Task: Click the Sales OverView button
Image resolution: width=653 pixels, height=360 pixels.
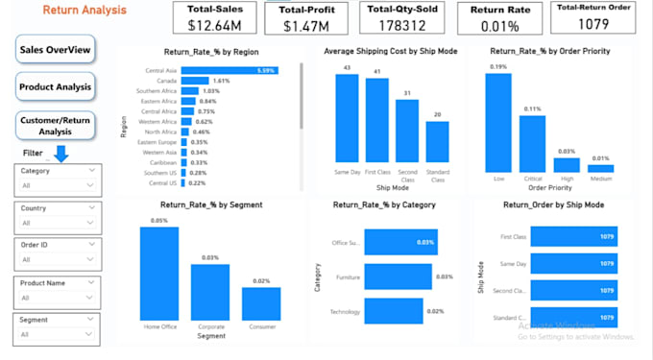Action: (x=55, y=50)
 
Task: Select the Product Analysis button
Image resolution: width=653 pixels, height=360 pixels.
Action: (x=55, y=87)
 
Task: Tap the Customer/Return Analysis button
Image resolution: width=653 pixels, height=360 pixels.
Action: (x=56, y=126)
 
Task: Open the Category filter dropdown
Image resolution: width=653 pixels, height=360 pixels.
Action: (x=58, y=184)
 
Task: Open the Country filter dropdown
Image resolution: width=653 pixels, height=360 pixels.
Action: (x=58, y=222)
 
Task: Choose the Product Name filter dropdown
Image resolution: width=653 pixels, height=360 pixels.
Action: (x=58, y=296)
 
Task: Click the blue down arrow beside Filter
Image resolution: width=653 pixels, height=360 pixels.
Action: (x=60, y=154)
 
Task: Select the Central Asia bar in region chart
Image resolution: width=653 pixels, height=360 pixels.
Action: (x=230, y=70)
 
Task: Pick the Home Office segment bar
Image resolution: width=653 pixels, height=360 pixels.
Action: (x=158, y=273)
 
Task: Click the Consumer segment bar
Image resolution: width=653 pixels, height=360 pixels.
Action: (x=260, y=304)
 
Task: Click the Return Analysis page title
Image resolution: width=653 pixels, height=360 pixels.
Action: (x=85, y=11)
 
